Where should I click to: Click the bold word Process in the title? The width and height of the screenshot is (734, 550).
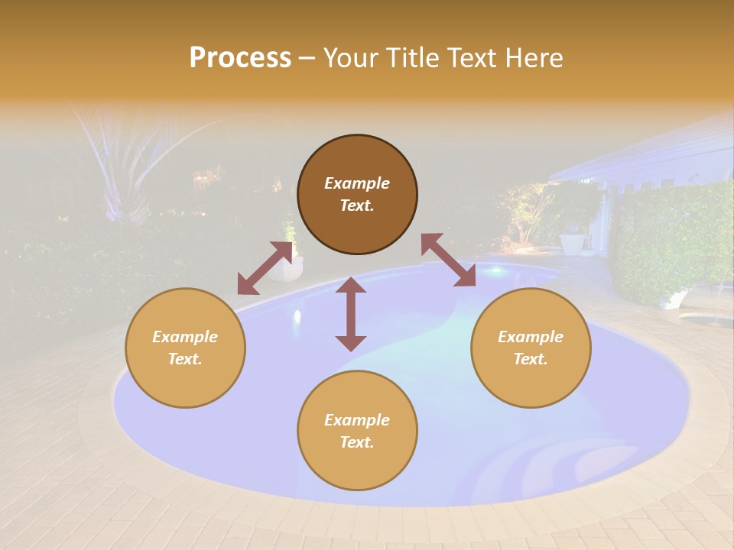tap(240, 58)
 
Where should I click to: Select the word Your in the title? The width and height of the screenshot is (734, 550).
tap(351, 58)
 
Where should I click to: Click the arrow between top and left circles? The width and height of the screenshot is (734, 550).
tap(265, 268)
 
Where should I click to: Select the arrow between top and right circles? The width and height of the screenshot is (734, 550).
tap(448, 260)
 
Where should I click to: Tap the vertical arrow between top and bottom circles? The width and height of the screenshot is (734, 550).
tap(351, 314)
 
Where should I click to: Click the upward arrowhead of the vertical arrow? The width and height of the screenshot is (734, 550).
tap(351, 284)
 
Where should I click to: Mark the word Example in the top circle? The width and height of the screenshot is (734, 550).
tap(357, 183)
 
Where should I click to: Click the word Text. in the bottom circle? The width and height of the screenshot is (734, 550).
tap(357, 442)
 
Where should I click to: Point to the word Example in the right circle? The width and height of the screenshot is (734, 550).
tap(531, 337)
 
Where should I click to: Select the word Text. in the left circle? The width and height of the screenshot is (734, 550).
tap(185, 359)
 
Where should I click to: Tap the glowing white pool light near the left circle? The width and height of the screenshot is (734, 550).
tap(297, 315)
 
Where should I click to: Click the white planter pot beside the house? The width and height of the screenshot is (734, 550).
tap(571, 242)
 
